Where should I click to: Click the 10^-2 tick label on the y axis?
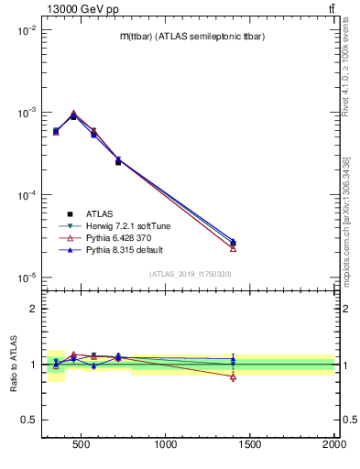coord(24,30)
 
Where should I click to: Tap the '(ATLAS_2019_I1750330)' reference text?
coord(191,274)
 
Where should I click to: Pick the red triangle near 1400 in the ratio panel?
coord(233,376)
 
